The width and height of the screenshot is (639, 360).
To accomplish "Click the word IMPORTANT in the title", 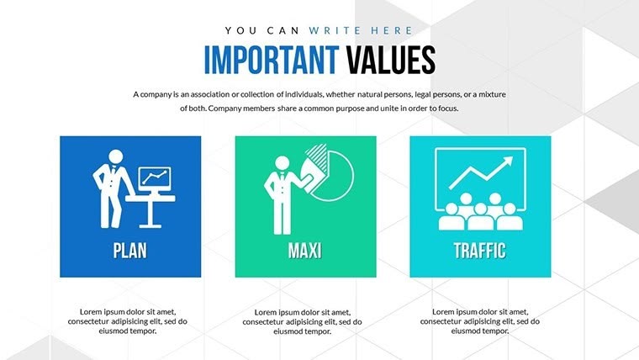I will [x=269, y=60].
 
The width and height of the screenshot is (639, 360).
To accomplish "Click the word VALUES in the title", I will [x=388, y=60].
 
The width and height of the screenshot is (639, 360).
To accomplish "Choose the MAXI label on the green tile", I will [x=305, y=250].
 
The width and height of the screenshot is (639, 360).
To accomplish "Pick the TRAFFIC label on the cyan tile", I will [x=480, y=250].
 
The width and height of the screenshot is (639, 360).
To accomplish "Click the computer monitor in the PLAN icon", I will [x=153, y=177].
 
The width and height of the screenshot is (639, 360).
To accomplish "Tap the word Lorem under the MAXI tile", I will [x=267, y=312].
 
